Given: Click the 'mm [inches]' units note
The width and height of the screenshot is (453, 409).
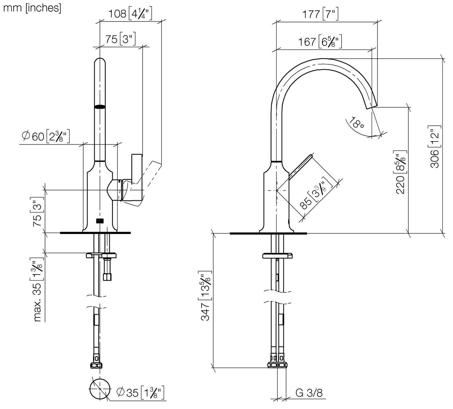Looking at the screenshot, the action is point(32,8).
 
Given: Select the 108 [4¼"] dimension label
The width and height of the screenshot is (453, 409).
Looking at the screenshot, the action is point(130,14).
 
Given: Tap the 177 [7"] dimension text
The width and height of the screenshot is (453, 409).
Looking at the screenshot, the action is point(321,14).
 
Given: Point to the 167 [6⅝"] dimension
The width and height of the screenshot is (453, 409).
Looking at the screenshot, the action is point(320,42).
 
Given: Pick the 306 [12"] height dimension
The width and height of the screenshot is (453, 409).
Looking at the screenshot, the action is point(435,147).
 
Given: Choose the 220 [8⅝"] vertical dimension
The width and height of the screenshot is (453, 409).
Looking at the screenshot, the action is point(400,172).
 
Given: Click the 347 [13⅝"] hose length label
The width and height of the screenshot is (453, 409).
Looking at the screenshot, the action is point(205,296).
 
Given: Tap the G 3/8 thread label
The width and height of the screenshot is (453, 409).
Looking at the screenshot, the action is point(309,393).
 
